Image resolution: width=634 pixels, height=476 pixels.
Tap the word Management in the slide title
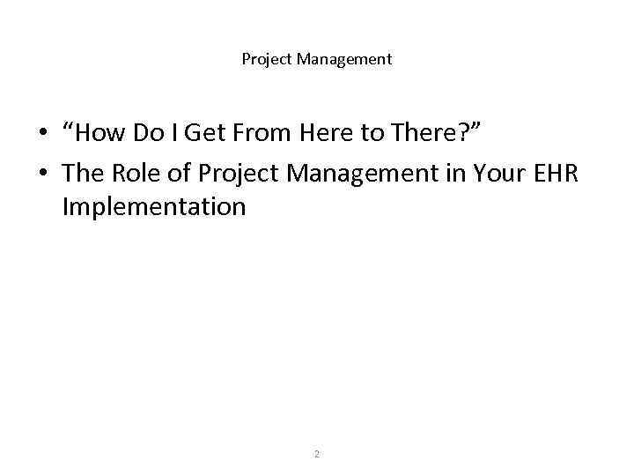[x=344, y=60]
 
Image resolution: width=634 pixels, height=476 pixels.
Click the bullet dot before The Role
[x=41, y=174]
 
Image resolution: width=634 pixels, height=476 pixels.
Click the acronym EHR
[x=556, y=173]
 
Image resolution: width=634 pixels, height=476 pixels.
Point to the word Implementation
[x=154, y=208]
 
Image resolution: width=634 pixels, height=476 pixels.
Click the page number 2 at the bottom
[x=317, y=454]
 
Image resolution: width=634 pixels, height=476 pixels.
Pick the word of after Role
[x=179, y=173]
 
